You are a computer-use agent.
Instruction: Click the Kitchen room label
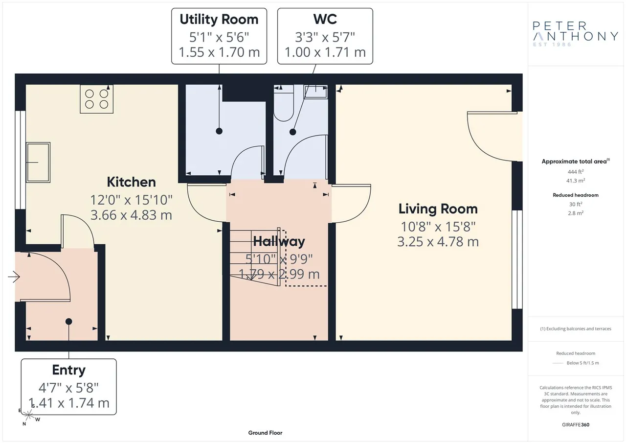click(131, 182)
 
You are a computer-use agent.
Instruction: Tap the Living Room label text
click(438, 209)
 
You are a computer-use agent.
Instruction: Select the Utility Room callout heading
click(219, 19)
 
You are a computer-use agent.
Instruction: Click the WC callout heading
click(325, 19)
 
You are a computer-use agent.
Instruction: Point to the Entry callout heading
click(69, 370)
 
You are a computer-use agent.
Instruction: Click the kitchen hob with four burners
click(97, 99)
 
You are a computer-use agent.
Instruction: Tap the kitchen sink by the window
click(38, 162)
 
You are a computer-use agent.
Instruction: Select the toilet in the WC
click(284, 103)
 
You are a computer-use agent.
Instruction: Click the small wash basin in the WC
click(316, 92)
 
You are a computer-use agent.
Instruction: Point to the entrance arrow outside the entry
click(14, 277)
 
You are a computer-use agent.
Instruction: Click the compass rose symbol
click(28, 415)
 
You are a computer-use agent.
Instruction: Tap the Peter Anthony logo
click(575, 34)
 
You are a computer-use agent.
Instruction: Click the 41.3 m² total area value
click(576, 181)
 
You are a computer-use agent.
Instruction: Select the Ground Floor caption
click(265, 433)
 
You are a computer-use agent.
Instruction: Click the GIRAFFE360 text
click(576, 424)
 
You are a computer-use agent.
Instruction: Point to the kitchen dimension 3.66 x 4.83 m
click(131, 215)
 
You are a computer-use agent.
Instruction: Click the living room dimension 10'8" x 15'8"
click(438, 227)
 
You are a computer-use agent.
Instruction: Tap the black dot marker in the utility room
click(219, 131)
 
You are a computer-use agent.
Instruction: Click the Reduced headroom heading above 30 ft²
click(576, 195)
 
